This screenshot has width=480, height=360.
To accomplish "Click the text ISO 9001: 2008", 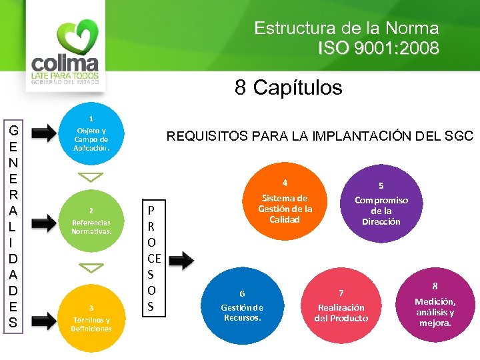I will click(378, 48).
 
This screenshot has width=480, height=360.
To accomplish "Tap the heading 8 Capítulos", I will click(288, 87).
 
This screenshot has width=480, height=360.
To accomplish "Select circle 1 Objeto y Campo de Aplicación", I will click(91, 134).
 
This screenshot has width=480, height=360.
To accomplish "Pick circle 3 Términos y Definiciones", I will click(91, 313).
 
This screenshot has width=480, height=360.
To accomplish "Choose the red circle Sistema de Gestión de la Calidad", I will click(285, 204).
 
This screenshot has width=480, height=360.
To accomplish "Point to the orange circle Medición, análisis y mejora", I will click(435, 303).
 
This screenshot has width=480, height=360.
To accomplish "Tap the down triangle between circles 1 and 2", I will click(91, 177).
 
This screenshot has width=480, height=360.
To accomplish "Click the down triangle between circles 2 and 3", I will click(91, 267).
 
